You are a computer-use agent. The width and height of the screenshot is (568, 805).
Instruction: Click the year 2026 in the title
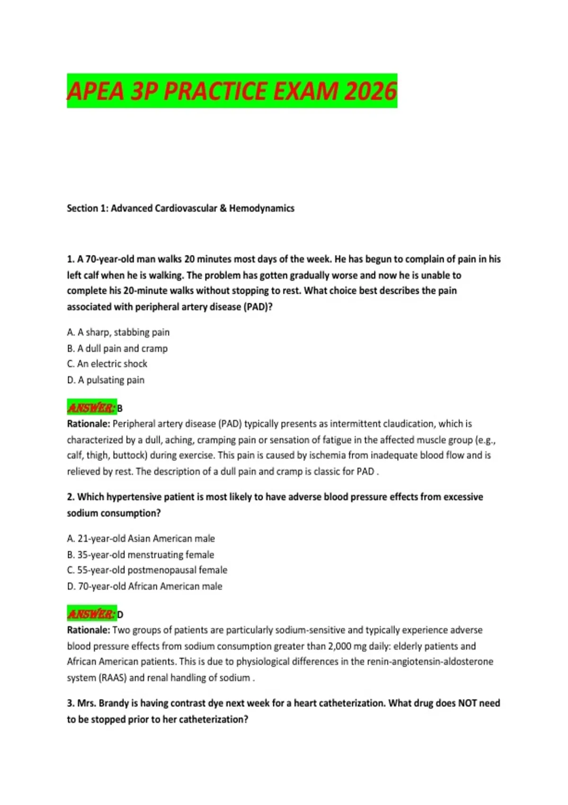(370, 91)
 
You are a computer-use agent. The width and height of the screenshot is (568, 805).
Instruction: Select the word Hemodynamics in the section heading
(262, 208)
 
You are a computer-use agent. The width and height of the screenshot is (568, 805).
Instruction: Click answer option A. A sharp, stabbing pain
(118, 332)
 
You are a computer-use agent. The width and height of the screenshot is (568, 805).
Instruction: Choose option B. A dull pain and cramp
(117, 349)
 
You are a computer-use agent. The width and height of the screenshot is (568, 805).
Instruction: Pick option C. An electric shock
(107, 364)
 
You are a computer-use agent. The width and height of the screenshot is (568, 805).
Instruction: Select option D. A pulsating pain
(106, 380)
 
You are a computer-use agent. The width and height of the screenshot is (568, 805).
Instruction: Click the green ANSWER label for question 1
(91, 408)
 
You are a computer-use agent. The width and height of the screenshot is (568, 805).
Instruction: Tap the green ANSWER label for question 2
(91, 614)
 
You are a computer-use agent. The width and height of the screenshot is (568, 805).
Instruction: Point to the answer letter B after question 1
(120, 408)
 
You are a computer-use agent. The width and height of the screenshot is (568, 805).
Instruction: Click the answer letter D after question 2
(120, 615)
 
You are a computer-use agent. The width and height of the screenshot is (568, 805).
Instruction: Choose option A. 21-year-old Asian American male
(141, 539)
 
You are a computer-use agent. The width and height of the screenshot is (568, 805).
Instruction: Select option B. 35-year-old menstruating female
(141, 555)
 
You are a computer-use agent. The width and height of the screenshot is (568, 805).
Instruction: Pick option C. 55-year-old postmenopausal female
(147, 571)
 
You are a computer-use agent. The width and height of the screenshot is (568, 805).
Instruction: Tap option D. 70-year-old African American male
(144, 587)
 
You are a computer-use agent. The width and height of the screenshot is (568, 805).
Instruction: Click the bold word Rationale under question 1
(89, 424)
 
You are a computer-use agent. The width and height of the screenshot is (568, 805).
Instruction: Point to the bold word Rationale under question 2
(89, 630)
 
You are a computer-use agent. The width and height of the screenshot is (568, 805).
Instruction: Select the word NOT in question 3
(468, 704)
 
